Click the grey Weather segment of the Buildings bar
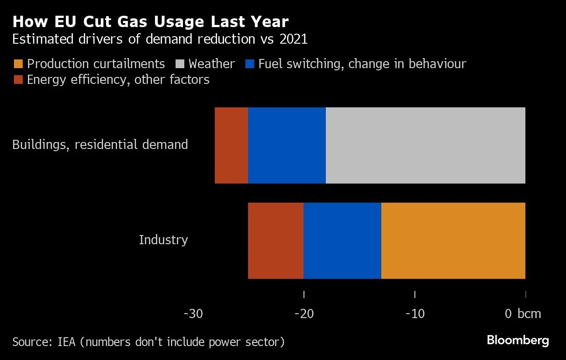(425, 145)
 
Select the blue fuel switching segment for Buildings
(286, 145)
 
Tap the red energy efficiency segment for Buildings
(231, 145)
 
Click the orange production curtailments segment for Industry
(453, 240)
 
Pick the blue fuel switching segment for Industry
(342, 240)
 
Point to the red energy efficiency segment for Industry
(275, 240)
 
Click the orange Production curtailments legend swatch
(17, 64)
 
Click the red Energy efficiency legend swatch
(17, 80)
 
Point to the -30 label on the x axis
(193, 314)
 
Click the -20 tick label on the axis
(304, 314)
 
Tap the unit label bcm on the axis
(529, 314)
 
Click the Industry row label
(163, 240)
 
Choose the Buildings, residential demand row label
(100, 145)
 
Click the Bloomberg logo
(518, 340)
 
